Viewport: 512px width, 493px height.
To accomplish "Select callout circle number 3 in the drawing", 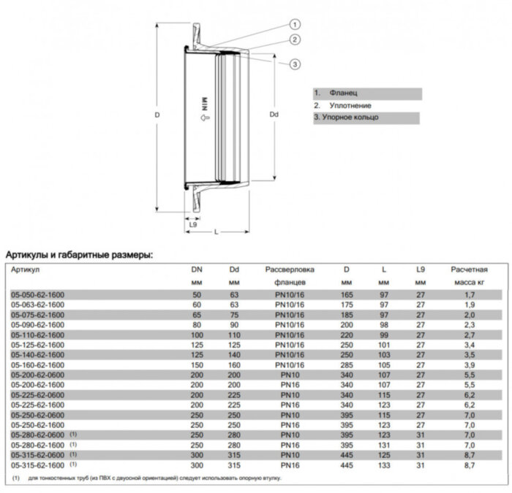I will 294,64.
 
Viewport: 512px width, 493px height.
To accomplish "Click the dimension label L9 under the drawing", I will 192,224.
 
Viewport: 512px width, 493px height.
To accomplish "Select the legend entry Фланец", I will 343,93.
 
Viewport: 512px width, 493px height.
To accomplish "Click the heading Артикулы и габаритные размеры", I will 79,255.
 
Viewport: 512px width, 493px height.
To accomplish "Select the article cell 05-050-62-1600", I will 37,293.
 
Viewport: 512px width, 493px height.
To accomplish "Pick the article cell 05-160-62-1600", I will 37,364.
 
